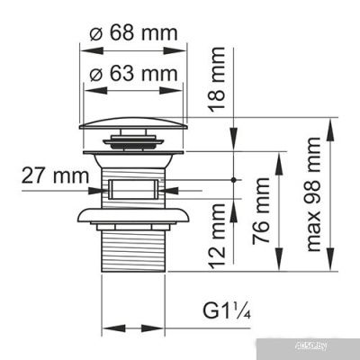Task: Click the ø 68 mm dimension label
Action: [x=133, y=33]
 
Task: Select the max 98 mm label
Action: [x=314, y=193]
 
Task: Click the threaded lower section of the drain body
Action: [x=134, y=247]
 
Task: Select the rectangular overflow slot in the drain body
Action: [x=134, y=190]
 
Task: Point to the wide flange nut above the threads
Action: [x=134, y=215]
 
